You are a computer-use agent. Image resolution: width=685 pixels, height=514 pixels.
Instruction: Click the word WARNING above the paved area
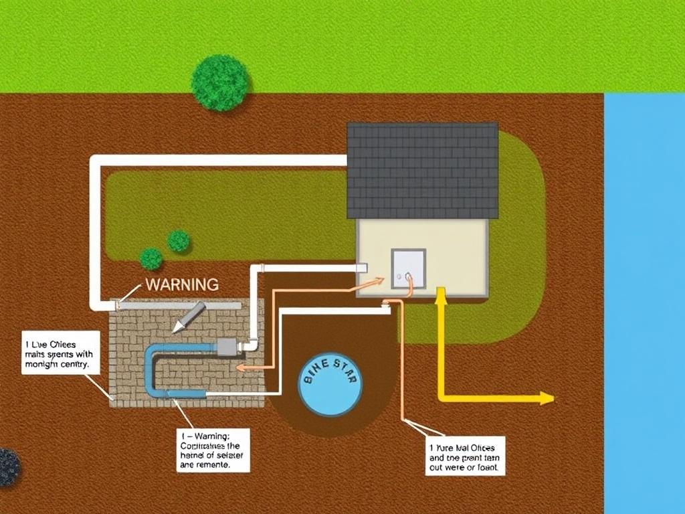(x=181, y=284)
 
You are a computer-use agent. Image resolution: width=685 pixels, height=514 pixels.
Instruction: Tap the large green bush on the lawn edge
(x=220, y=83)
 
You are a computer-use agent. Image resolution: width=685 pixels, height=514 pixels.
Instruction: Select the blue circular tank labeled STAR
(x=330, y=388)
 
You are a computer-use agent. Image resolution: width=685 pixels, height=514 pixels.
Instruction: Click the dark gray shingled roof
(x=423, y=170)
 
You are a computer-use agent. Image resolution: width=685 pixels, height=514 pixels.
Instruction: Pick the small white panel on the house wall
(x=408, y=269)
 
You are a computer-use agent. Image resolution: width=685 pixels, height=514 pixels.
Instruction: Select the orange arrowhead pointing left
(x=242, y=367)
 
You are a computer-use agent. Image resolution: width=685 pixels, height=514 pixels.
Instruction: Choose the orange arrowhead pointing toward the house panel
(x=380, y=281)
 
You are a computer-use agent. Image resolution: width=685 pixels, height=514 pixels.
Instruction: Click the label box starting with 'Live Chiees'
(x=61, y=352)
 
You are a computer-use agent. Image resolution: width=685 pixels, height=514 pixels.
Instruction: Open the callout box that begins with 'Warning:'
(x=213, y=450)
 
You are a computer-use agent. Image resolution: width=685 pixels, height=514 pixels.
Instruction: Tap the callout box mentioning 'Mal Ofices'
(x=465, y=456)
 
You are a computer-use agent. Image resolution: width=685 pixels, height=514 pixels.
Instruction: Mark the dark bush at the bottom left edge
(x=8, y=467)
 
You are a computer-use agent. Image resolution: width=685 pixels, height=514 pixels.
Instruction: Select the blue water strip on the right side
(x=644, y=301)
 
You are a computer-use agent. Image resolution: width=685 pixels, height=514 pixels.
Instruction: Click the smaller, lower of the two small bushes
(x=151, y=258)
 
